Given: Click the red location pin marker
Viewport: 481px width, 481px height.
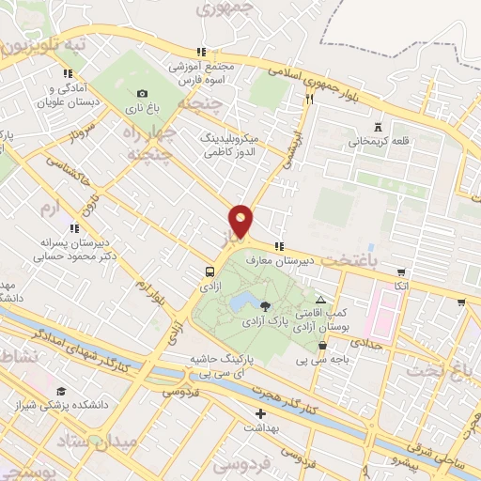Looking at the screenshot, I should (x=241, y=221).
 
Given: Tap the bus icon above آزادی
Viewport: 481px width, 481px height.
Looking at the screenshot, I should (x=209, y=272).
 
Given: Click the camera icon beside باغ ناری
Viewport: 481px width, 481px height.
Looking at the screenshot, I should (x=142, y=93).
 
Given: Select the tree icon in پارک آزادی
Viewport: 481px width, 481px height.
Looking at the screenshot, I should (x=265, y=305).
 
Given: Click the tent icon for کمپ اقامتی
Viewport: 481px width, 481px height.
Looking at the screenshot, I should (x=321, y=299).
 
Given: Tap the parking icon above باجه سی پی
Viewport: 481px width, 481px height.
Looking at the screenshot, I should (x=322, y=345).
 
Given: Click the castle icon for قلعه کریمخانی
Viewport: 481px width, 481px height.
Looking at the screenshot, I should (x=378, y=128).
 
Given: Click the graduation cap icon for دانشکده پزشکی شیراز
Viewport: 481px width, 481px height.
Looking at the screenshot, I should (x=61, y=391).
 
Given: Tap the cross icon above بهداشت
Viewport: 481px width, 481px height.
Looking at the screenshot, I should (x=260, y=412).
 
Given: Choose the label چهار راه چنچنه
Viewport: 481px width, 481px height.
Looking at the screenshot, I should (x=150, y=140).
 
